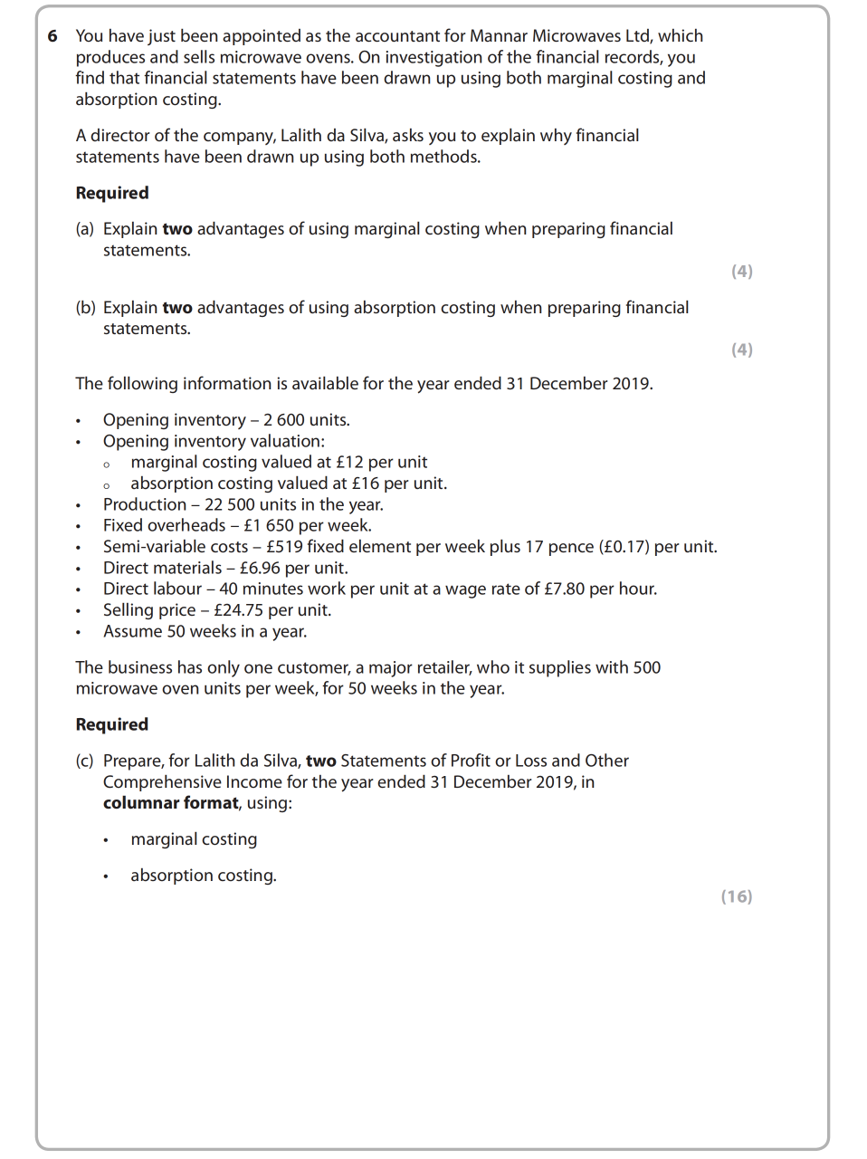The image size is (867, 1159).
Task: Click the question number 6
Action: tap(52, 36)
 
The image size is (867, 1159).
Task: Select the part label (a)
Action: tap(85, 229)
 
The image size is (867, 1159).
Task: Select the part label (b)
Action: tap(85, 308)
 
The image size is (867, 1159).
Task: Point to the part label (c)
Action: tap(85, 761)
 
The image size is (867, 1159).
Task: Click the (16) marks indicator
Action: tap(736, 896)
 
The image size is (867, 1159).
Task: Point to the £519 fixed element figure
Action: tap(284, 547)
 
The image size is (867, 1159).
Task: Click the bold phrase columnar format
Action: tap(171, 803)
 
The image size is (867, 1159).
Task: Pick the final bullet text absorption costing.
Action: tap(204, 876)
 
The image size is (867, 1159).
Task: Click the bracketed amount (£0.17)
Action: tap(624, 547)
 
